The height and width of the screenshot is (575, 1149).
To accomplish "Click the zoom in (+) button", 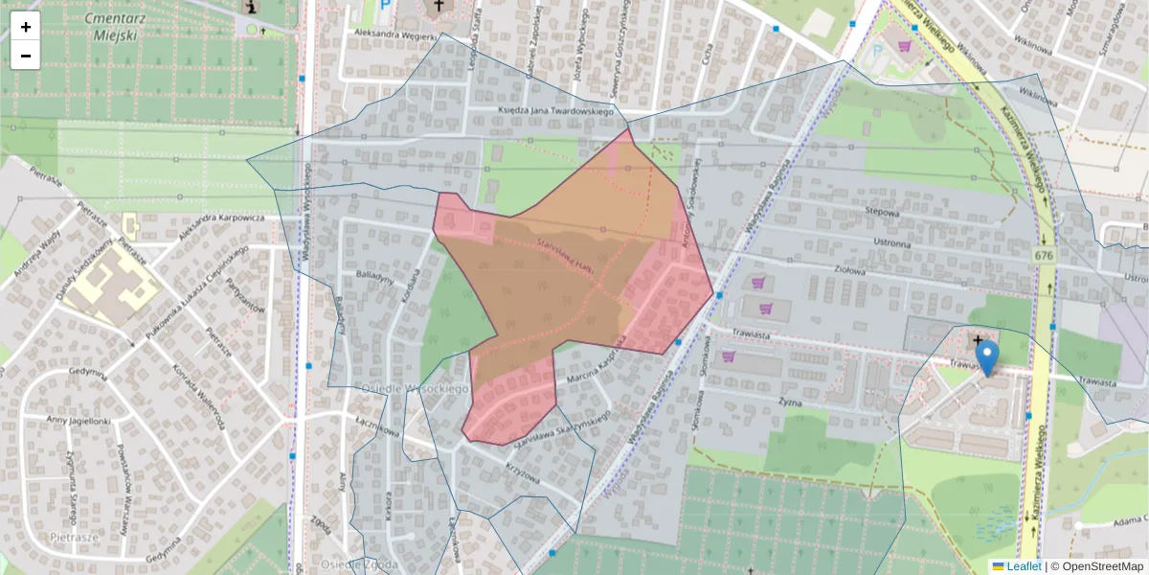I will [x=26, y=27].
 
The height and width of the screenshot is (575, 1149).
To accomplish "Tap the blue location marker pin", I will [x=985, y=356].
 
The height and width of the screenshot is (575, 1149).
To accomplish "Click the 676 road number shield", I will [x=1043, y=256].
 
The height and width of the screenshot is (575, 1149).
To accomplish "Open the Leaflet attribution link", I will [x=1024, y=566].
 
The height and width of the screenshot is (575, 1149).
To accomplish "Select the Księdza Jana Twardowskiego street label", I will [x=555, y=112].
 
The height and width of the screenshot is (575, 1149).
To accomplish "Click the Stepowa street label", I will [x=881, y=213].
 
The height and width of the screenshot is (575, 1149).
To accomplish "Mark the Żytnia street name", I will [x=789, y=402].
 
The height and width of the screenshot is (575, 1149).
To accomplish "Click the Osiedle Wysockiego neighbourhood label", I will [x=414, y=388].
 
